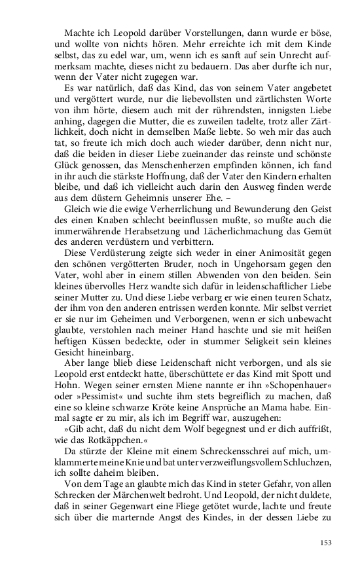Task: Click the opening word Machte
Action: pyautogui.click(x=79, y=33)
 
